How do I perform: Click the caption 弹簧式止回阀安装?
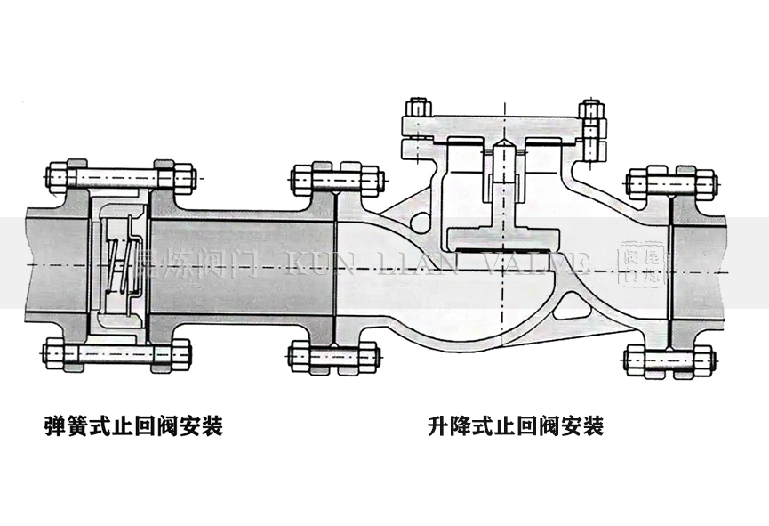pos(132,427)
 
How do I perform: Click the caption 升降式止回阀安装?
pos(515,427)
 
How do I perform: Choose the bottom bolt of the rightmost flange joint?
pos(670,360)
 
